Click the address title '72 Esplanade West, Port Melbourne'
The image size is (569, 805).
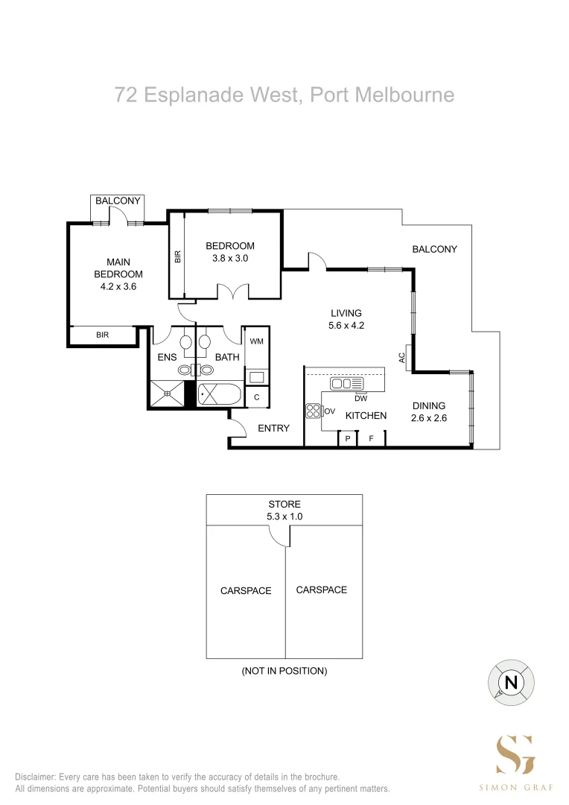pos(284,95)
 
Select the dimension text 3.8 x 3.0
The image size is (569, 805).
pos(230,259)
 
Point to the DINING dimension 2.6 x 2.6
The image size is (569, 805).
pos(429,418)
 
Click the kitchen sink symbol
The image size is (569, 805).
pos(347,384)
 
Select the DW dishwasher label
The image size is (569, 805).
pos(361,398)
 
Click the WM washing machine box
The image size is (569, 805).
pos(256,341)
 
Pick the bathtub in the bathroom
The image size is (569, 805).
pos(220,395)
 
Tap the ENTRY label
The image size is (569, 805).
pos(273,428)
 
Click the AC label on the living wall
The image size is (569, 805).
pos(401,358)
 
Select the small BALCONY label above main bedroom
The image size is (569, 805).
pos(118,201)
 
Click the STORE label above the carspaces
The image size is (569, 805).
pos(284,505)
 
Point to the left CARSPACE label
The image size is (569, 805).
pos(246,590)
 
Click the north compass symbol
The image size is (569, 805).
pos(511,682)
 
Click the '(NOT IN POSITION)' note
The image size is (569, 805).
pos(284,671)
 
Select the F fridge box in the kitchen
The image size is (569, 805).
pos(370,439)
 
